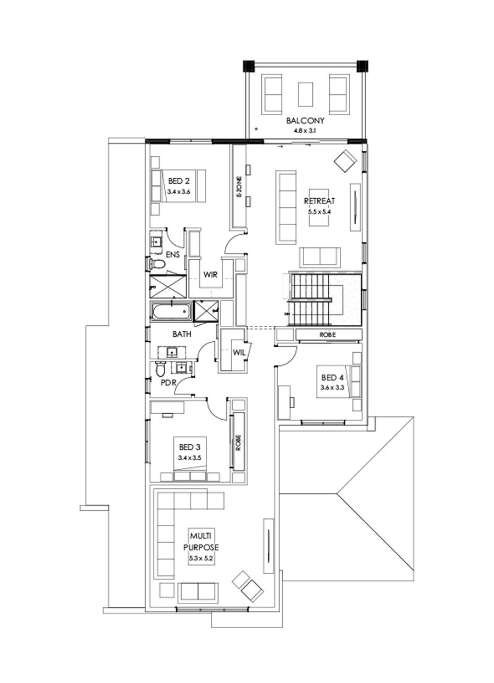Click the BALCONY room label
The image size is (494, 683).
(305, 121)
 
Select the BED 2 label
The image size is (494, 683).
(179, 181)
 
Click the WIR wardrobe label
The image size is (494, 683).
(212, 275)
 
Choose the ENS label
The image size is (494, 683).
(173, 255)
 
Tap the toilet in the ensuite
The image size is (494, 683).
(158, 264)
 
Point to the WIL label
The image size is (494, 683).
(239, 353)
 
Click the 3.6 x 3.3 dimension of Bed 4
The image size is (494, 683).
(332, 388)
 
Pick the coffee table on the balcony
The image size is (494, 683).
(306, 94)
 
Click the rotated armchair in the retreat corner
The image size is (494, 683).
(346, 161)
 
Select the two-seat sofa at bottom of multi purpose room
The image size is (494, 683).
(198, 591)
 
